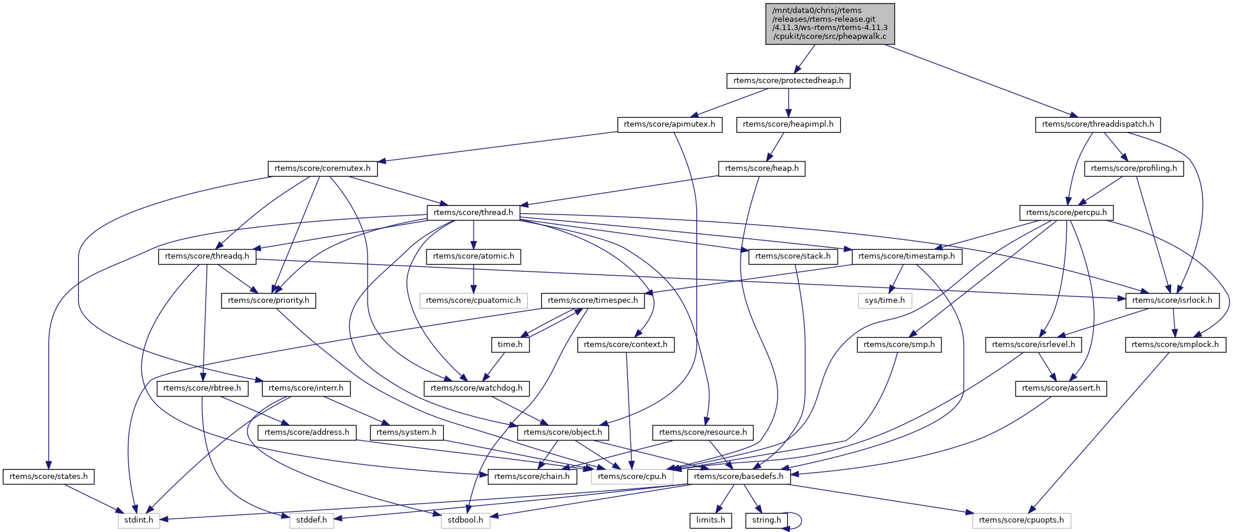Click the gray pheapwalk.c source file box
click(830, 24)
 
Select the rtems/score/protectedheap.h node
click(788, 81)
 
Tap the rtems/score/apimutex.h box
click(669, 124)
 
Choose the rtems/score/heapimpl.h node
click(788, 124)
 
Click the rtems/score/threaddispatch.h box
click(1098, 124)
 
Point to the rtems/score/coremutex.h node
click(322, 168)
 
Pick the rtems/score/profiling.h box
click(1133, 168)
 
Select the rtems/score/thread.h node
click(473, 213)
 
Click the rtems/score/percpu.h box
click(1066, 213)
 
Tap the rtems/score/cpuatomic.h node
click(473, 300)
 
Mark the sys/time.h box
click(884, 300)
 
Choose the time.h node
click(510, 345)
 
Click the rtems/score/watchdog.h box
click(476, 388)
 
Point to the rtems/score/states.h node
click(48, 477)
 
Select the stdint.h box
click(138, 520)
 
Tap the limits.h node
click(710, 520)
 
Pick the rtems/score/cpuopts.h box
click(1021, 520)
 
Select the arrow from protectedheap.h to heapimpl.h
click(788, 103)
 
